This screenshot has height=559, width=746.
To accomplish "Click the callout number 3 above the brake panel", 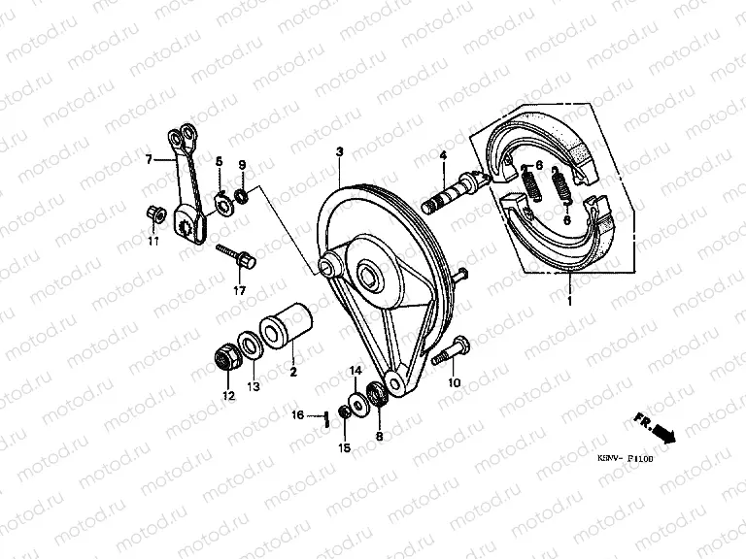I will click(340, 152).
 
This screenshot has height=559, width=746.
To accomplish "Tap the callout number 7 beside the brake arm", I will click(149, 160).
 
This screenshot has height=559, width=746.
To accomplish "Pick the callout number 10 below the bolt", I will click(453, 382).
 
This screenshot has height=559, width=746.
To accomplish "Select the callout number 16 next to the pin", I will click(300, 415).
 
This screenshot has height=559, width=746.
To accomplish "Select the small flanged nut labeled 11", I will click(153, 213).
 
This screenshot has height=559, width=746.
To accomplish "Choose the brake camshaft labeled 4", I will click(454, 195).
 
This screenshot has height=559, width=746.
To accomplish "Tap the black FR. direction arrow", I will click(664, 430).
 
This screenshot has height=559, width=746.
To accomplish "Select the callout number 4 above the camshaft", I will click(442, 155).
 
